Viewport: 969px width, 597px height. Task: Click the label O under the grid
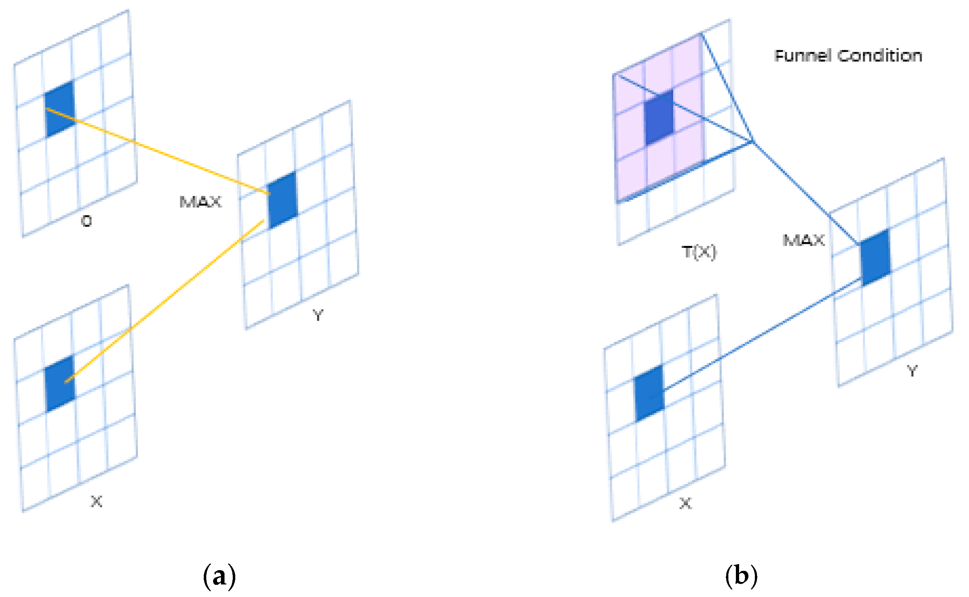point(86,221)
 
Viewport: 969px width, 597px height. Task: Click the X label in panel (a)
point(97,501)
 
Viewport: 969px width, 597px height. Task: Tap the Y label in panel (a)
point(318,315)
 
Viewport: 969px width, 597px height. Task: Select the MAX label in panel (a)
point(200,202)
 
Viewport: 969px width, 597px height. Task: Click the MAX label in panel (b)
point(804,240)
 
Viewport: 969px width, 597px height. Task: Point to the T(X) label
point(699,252)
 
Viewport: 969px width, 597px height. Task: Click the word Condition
point(880,56)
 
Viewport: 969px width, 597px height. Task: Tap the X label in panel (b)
point(686,504)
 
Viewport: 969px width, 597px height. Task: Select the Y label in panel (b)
point(912,371)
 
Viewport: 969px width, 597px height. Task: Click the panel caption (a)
point(220,577)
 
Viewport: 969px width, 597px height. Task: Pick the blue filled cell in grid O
point(60,109)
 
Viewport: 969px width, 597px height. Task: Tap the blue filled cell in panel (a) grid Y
point(283,200)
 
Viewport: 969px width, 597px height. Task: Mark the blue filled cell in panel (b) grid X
point(649,394)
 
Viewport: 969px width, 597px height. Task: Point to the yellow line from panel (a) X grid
point(166,300)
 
